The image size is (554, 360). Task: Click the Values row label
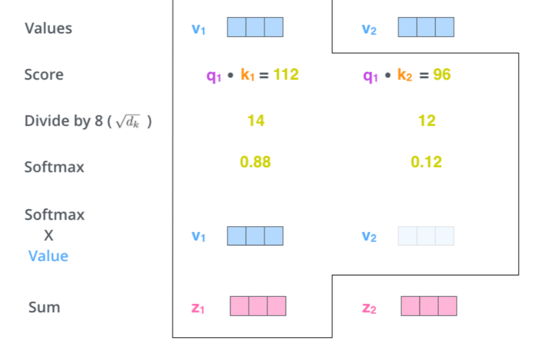pos(49,28)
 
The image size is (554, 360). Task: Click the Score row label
pos(44,75)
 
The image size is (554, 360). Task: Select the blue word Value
pos(49,256)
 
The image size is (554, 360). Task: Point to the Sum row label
pos(44,307)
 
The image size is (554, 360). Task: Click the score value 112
pos(286,75)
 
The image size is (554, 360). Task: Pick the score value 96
pos(442,75)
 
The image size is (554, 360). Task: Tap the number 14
pos(255,121)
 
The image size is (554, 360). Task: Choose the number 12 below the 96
pos(427,121)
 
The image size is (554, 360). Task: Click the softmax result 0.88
pos(255,162)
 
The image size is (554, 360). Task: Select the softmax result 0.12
pos(427,162)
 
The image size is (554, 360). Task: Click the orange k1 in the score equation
pos(248,75)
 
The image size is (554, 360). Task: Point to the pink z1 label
pos(199,308)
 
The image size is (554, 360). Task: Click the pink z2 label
pos(369,308)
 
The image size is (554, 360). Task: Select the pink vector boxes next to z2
pos(429,306)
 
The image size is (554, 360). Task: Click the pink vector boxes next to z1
pos(258,306)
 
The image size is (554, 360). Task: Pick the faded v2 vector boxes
pos(426,236)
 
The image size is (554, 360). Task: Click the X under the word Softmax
pos(49,235)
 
